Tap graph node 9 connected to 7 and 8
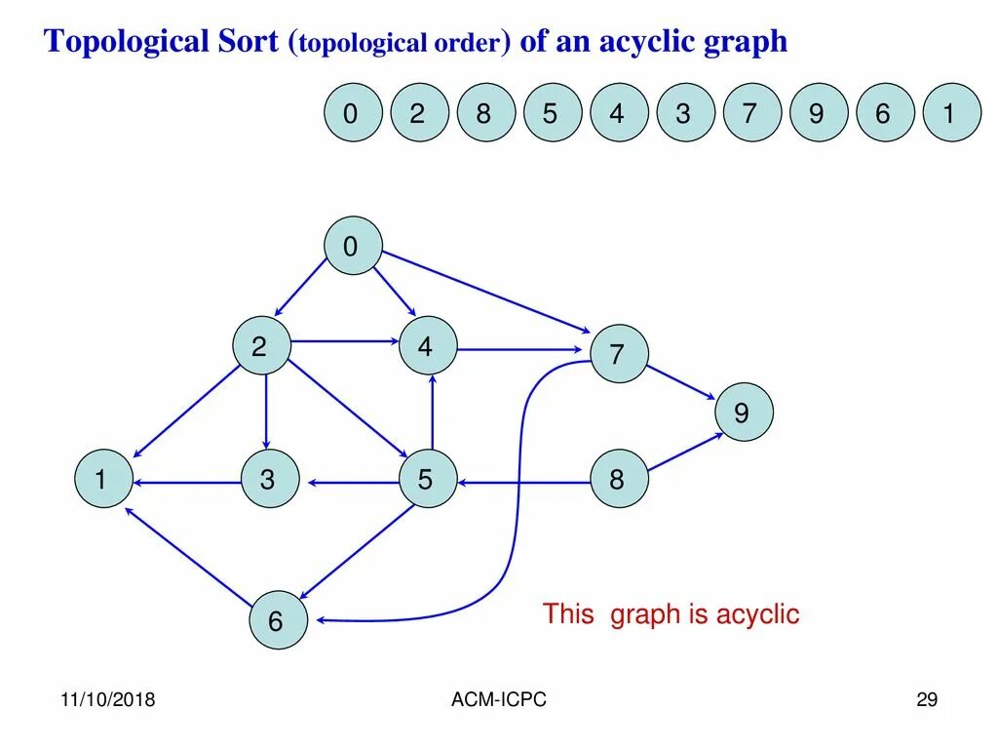(744, 413)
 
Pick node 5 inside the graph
(427, 479)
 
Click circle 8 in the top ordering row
(483, 113)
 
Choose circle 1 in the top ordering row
(950, 113)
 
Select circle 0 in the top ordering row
(351, 113)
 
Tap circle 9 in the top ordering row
(817, 113)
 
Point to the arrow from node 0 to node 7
(487, 293)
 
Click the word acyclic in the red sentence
(757, 614)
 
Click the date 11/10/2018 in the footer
(108, 700)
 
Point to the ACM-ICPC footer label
(500, 700)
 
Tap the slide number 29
(926, 700)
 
